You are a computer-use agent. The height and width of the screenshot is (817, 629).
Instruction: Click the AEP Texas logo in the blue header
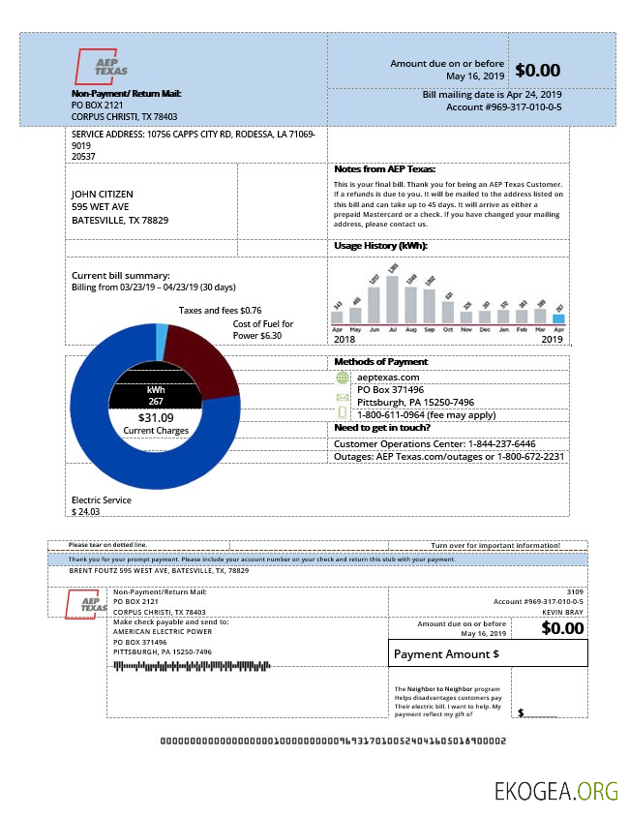click(103, 67)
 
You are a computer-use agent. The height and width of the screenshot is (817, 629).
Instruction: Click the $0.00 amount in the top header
click(537, 70)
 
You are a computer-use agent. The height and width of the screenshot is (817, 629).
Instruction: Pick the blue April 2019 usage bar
click(558, 317)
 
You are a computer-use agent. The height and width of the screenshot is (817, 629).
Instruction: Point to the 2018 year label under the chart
click(344, 340)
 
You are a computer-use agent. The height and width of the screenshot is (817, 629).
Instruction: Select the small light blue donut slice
click(162, 337)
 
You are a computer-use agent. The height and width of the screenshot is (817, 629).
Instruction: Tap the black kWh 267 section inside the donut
click(155, 394)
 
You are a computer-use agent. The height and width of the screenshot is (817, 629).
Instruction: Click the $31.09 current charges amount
click(155, 418)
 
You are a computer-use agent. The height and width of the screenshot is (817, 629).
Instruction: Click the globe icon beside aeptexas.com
click(342, 378)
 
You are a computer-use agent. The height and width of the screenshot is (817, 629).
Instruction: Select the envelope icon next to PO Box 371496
click(342, 397)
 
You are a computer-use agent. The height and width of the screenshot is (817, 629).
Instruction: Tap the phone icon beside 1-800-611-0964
click(342, 414)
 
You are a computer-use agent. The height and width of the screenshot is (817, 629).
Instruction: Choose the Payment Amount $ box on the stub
click(488, 653)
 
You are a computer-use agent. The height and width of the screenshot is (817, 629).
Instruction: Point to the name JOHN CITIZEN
click(103, 194)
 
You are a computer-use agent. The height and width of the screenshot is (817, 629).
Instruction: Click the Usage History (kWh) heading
click(380, 246)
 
